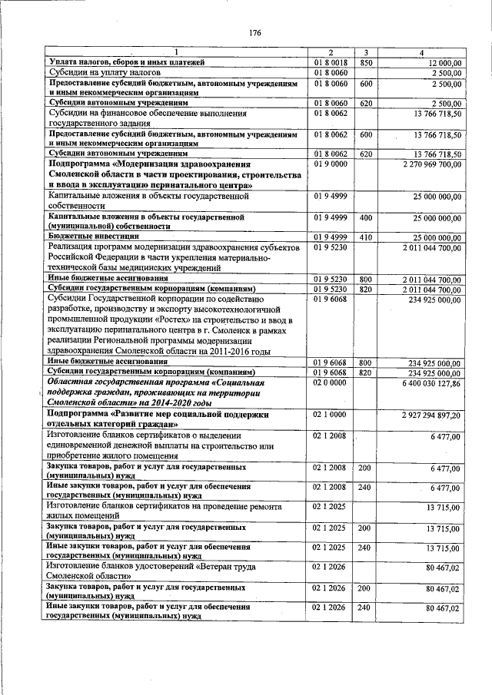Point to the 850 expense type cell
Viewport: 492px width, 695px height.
pyautogui.click(x=366, y=62)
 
